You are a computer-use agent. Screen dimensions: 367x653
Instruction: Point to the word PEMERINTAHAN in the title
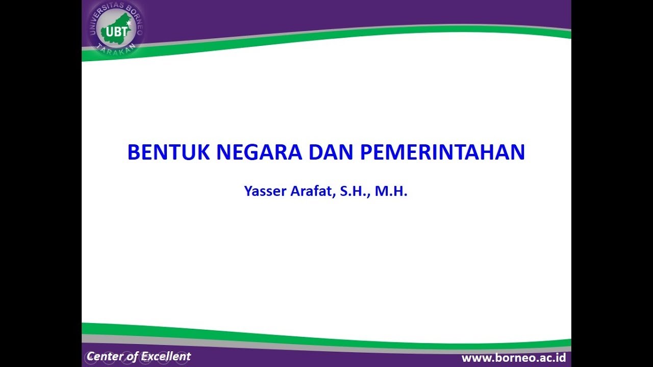click(x=443, y=152)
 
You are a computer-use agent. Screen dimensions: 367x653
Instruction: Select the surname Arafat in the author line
click(x=310, y=192)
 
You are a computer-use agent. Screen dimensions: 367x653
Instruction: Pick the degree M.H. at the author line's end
click(x=391, y=192)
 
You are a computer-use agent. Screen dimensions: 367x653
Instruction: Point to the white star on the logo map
click(x=129, y=23)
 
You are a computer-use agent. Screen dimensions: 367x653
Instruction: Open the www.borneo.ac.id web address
click(x=513, y=358)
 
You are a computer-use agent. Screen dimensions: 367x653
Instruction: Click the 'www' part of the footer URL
click(x=475, y=358)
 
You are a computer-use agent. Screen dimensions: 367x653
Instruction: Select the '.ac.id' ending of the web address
click(x=550, y=358)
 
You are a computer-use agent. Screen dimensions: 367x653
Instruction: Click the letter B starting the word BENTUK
click(x=133, y=152)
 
